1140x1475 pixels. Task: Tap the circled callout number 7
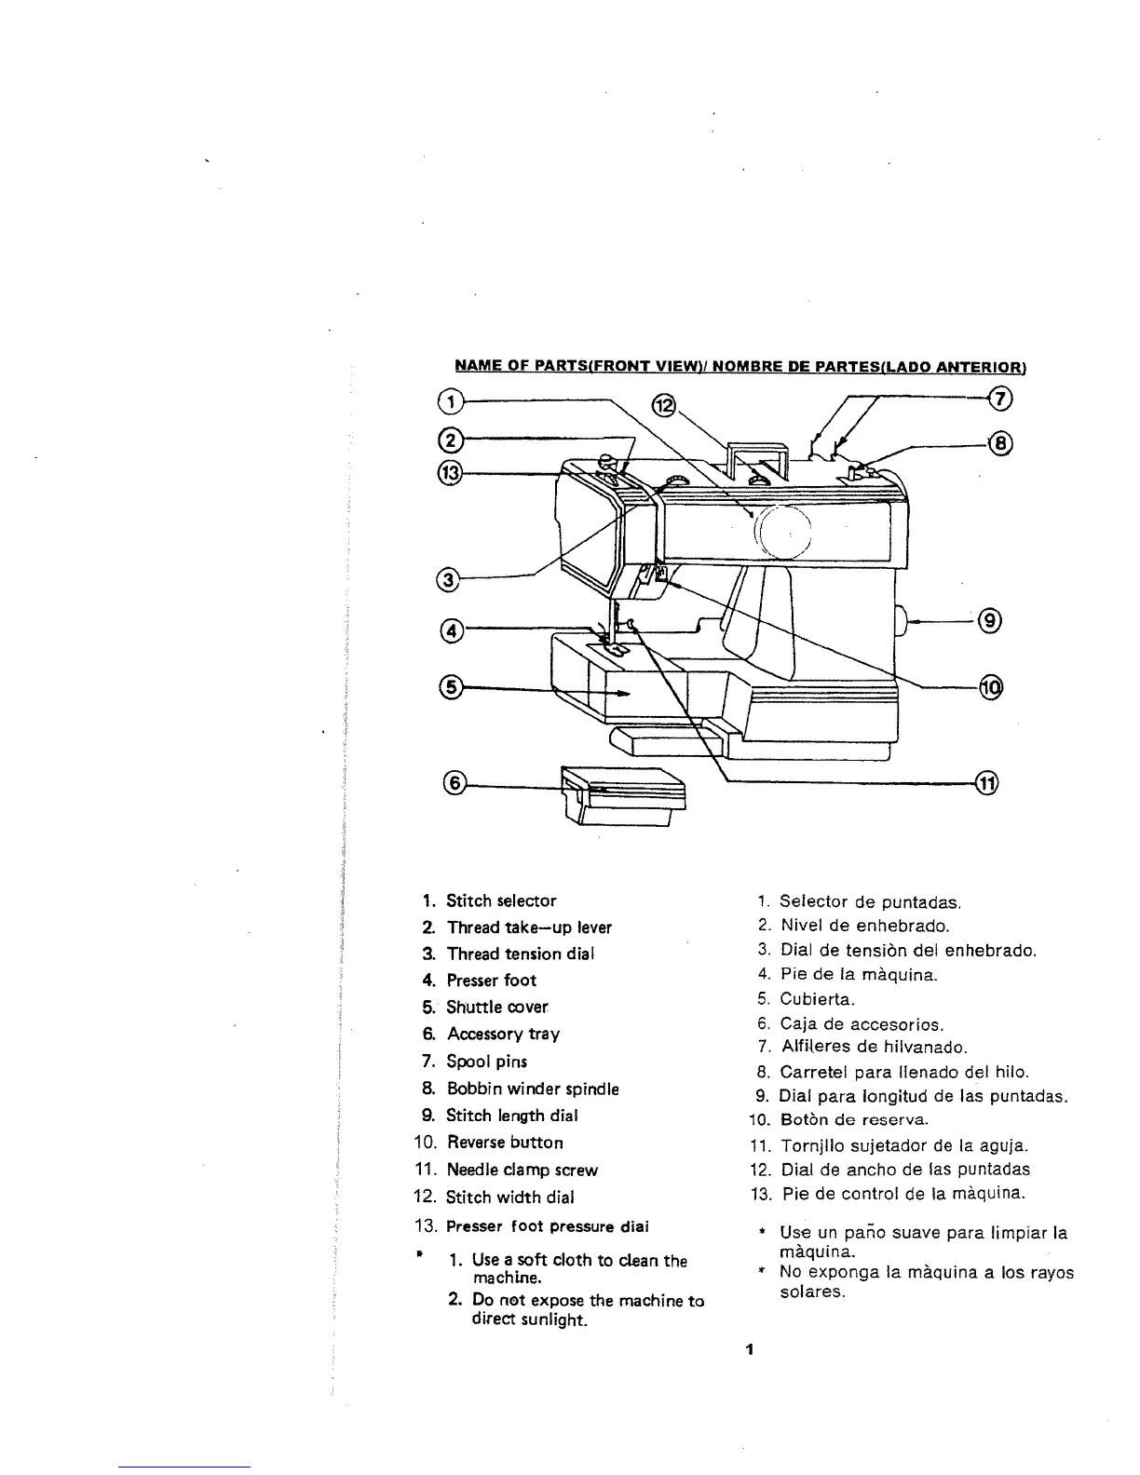[x=999, y=399]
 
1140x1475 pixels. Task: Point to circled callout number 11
[x=986, y=783]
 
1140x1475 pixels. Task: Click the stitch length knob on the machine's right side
[x=901, y=618]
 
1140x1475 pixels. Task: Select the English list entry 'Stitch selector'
[x=501, y=900]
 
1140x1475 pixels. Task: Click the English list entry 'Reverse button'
[x=505, y=1143]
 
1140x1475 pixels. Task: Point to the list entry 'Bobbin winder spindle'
[x=533, y=1089]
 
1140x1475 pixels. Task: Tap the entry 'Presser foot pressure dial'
[x=548, y=1225]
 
